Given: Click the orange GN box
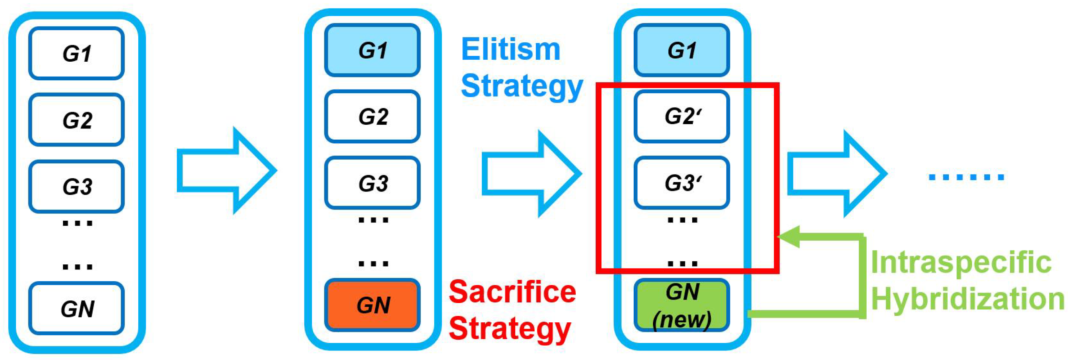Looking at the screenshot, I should point(372,305).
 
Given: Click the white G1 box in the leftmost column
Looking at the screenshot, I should point(77,53).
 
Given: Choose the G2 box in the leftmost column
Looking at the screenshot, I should point(77,119).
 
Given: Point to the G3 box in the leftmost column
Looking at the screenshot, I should point(77,186).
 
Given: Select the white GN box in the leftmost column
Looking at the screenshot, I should point(77,308).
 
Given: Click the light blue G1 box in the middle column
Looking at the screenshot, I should point(372,50).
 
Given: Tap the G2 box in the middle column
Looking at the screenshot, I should point(372,116).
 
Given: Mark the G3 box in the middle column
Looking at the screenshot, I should point(372,182).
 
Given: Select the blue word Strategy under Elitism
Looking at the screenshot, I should point(521,86).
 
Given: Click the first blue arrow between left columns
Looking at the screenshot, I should point(226,170).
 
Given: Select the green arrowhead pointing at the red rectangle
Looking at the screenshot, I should point(789,237).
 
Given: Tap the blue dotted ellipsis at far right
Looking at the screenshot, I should point(966,177).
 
